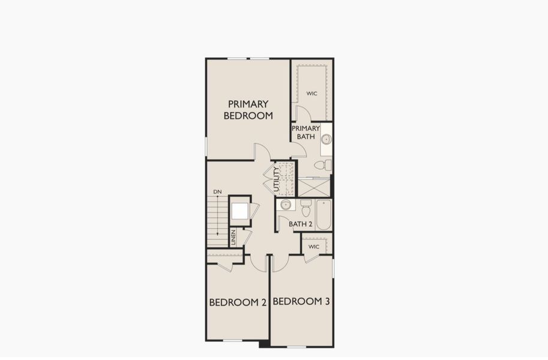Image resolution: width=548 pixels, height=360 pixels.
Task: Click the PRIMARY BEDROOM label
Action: click(248, 110)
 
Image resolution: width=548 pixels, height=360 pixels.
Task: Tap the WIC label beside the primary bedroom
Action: click(312, 94)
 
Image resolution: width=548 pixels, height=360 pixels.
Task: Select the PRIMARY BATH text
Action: click(306, 133)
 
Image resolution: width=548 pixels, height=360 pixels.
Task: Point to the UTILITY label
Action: click(277, 179)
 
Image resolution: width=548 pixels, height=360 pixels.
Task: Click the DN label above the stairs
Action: click(217, 192)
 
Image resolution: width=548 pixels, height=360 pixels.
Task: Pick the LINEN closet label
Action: click(233, 237)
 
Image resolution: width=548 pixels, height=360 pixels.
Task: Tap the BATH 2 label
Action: click(301, 224)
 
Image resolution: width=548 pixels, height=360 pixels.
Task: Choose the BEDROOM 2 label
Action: click(238, 302)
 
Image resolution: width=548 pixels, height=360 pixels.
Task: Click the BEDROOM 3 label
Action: click(301, 301)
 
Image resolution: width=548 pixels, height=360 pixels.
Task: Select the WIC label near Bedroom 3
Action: click(313, 247)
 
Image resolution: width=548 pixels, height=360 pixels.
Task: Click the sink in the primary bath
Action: click(326, 139)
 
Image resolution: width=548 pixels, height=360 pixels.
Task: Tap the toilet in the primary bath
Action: click(323, 165)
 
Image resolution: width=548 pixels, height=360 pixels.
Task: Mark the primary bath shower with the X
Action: click(314, 187)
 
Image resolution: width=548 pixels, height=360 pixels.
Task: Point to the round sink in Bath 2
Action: click(286, 205)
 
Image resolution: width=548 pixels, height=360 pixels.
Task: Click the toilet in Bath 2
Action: click(306, 208)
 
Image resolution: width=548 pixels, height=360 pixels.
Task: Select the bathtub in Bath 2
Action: click(324, 215)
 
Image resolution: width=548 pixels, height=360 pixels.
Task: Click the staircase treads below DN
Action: click(217, 222)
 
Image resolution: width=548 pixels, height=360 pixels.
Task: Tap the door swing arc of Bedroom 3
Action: click(281, 263)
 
